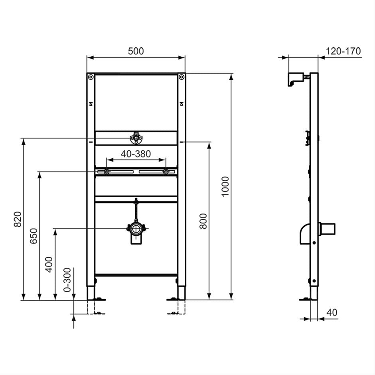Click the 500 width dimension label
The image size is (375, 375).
pyautogui.click(x=136, y=51)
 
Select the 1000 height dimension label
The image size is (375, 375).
pyautogui.click(x=225, y=186)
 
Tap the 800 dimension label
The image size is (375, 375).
pyautogui.click(x=203, y=221)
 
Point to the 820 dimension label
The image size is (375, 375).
pyautogui.click(x=18, y=219)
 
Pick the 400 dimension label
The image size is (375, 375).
pyautogui.click(x=49, y=264)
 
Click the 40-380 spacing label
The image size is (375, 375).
pyautogui.click(x=136, y=154)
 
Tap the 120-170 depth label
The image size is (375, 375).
pyautogui.click(x=343, y=51)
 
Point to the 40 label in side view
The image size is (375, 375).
pyautogui.click(x=332, y=312)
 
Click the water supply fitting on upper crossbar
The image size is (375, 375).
pyautogui.click(x=136, y=138)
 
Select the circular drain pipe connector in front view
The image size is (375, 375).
pyautogui.click(x=136, y=229)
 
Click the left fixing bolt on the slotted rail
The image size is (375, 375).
pyautogui.click(x=107, y=172)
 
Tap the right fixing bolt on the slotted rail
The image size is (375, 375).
pyautogui.click(x=166, y=172)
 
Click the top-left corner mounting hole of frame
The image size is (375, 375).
pyautogui.click(x=91, y=77)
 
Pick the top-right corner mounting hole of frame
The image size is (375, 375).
pyautogui.click(x=181, y=77)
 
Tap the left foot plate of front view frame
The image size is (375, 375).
pyautogui.click(x=97, y=298)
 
